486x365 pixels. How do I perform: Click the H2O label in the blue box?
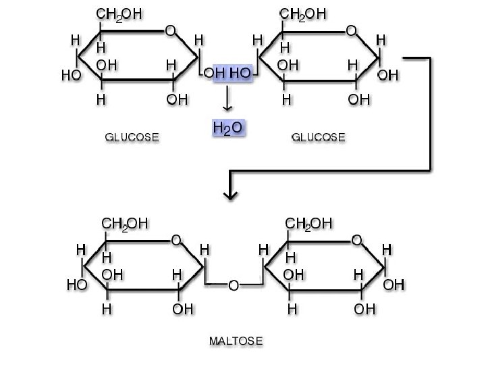(227, 127)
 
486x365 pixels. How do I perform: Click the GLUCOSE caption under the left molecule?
(132, 137)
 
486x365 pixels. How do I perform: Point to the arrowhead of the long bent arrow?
(231, 194)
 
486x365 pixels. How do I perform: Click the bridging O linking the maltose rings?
(233, 286)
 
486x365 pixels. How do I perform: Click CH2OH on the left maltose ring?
(125, 223)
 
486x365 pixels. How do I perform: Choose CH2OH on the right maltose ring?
(309, 223)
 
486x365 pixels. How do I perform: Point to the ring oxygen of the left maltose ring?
(175, 240)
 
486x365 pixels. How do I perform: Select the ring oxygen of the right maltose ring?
(357, 240)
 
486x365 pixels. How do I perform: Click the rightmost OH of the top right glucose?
(387, 76)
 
